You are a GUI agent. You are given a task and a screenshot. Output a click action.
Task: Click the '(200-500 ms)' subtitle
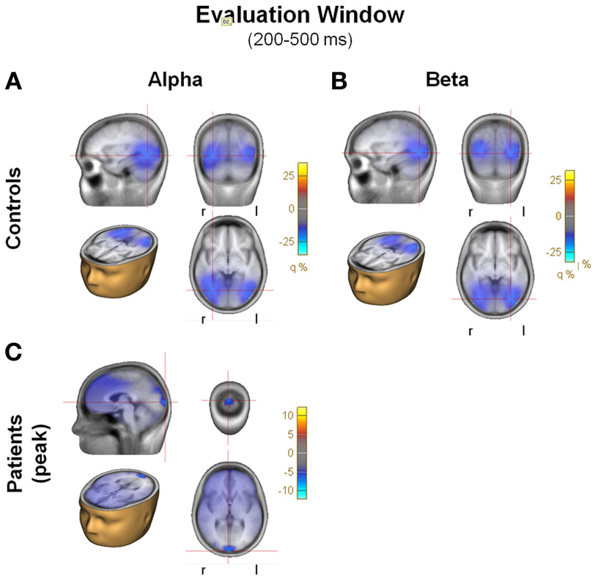point(300,40)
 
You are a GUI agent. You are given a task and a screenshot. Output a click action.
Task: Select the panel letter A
point(14,81)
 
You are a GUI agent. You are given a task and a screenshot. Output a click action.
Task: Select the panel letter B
point(339,81)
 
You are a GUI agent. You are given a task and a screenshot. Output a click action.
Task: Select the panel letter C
point(14,352)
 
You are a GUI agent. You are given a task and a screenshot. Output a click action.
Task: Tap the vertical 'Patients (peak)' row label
point(22,450)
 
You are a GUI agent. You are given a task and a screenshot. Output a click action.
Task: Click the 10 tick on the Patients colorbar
point(287,415)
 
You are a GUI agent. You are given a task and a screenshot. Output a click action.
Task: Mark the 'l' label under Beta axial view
point(523,331)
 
